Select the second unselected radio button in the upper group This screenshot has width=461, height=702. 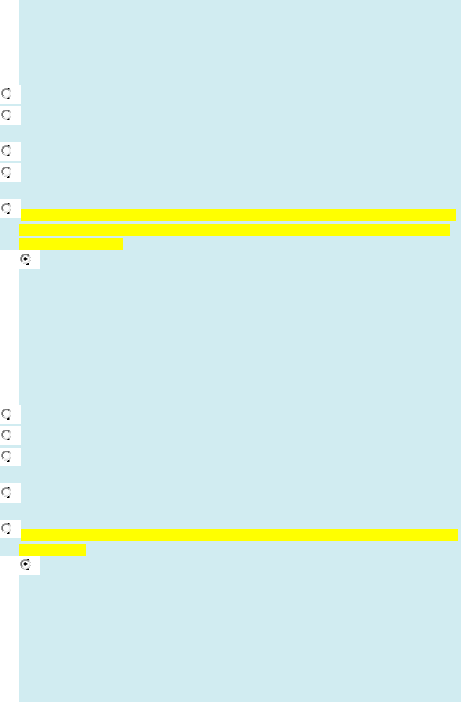tap(7, 115)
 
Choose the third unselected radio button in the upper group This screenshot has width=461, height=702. tap(7, 151)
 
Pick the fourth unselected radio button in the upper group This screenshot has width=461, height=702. tap(7, 172)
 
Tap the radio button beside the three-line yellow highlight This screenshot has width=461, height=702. tap(7, 208)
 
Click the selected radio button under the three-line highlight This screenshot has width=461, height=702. tap(26, 259)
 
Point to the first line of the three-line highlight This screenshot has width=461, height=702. tap(238, 214)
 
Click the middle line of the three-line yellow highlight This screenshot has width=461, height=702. tap(235, 230)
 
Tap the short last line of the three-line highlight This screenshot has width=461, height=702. tap(71, 245)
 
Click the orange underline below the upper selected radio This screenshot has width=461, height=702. tap(91, 273)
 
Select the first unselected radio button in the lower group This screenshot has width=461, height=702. tap(7, 414)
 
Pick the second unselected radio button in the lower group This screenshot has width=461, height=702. tap(7, 435)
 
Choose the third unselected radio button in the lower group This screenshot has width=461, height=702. tap(7, 456)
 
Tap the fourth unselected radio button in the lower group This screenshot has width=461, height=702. tap(7, 492)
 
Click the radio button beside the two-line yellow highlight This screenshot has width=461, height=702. tap(7, 529)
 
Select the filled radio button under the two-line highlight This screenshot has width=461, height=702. tap(26, 564)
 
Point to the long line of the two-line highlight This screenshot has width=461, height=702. tap(240, 535)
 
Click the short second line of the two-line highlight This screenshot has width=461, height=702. tap(52, 550)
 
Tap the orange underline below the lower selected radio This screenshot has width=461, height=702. tap(91, 578)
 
